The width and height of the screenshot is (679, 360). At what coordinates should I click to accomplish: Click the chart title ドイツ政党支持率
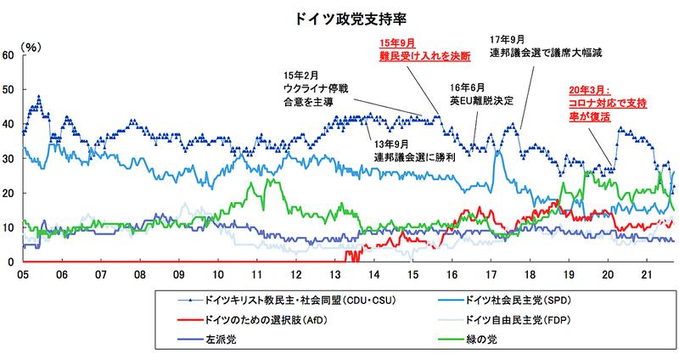tap(339, 15)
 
